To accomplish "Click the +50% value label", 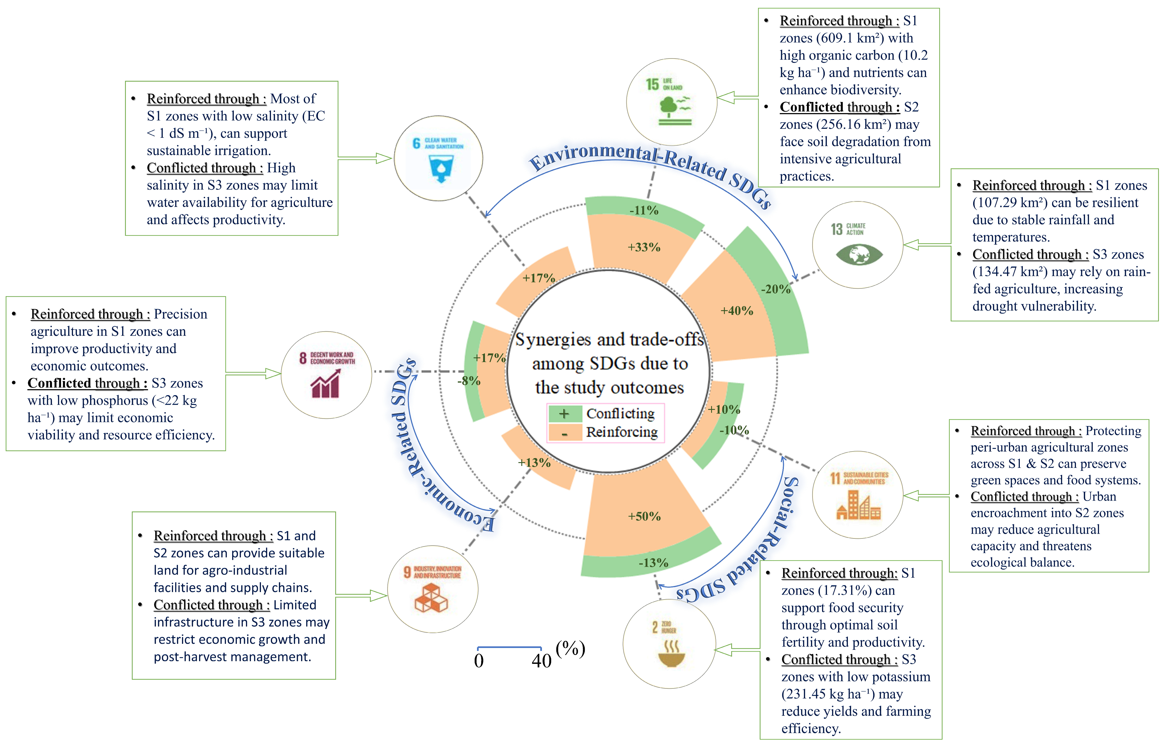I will [644, 517].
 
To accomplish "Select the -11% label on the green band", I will [644, 210].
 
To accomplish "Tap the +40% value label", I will [736, 311].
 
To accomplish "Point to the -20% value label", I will [776, 289].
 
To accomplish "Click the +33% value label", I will [644, 247].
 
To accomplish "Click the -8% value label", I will [469, 381].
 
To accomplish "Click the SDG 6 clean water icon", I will [441, 168].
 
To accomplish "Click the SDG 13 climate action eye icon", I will [859, 254].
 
